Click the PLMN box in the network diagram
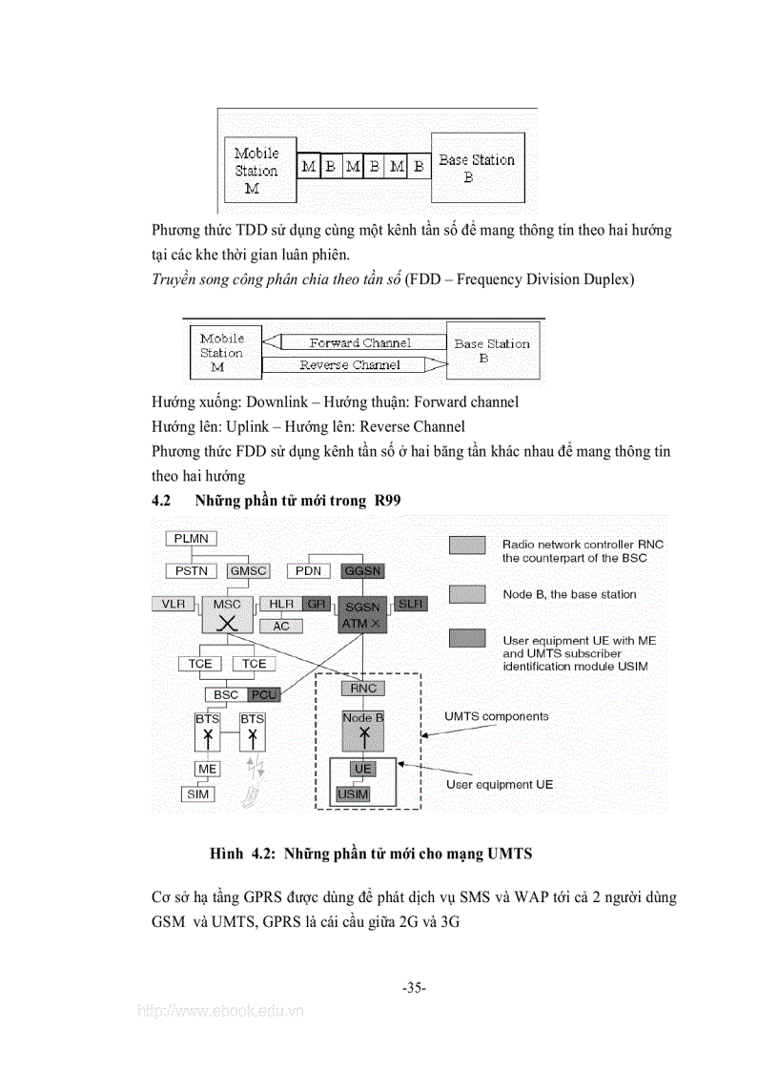(191, 539)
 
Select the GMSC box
(248, 570)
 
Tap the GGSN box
(361, 570)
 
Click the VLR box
(174, 604)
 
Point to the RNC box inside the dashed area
(362, 688)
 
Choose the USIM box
(353, 793)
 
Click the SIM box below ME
(198, 793)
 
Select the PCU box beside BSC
(262, 694)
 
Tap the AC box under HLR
(281, 627)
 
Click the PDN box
(308, 570)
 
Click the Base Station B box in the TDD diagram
(477, 168)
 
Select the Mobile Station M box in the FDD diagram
(221, 352)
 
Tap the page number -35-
(414, 987)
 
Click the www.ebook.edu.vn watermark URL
(221, 1012)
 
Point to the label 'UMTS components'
(497, 715)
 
